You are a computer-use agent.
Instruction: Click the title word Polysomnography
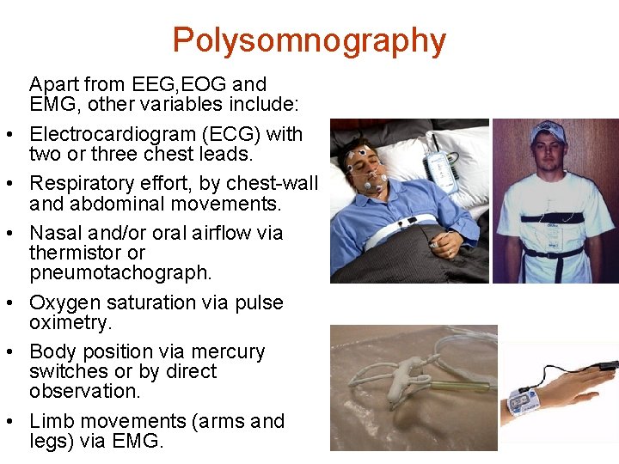coord(309,40)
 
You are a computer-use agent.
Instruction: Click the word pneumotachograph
coord(120,272)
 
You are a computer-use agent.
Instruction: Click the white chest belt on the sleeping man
coord(404,232)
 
